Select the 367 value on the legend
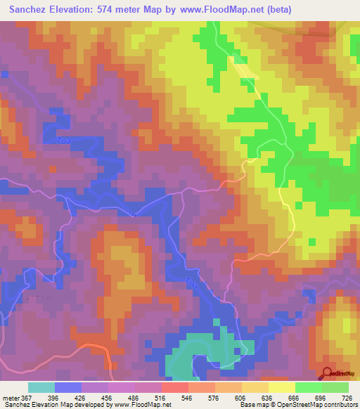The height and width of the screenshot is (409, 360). tap(26, 397)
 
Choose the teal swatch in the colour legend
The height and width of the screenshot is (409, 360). tap(41, 387)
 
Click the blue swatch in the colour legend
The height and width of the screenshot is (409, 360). tap(67, 387)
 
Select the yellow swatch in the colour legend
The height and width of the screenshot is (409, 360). tap(281, 387)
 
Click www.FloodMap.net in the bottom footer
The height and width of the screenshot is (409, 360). tap(146, 405)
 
